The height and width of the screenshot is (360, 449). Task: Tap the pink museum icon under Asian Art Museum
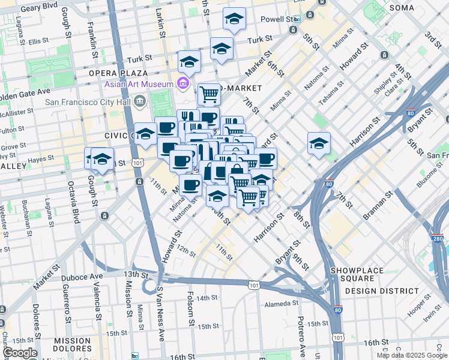(182, 83)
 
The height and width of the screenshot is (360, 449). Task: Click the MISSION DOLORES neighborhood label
(71, 344)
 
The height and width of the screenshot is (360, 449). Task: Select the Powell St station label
(276, 19)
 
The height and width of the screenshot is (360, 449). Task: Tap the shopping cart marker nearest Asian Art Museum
(209, 93)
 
